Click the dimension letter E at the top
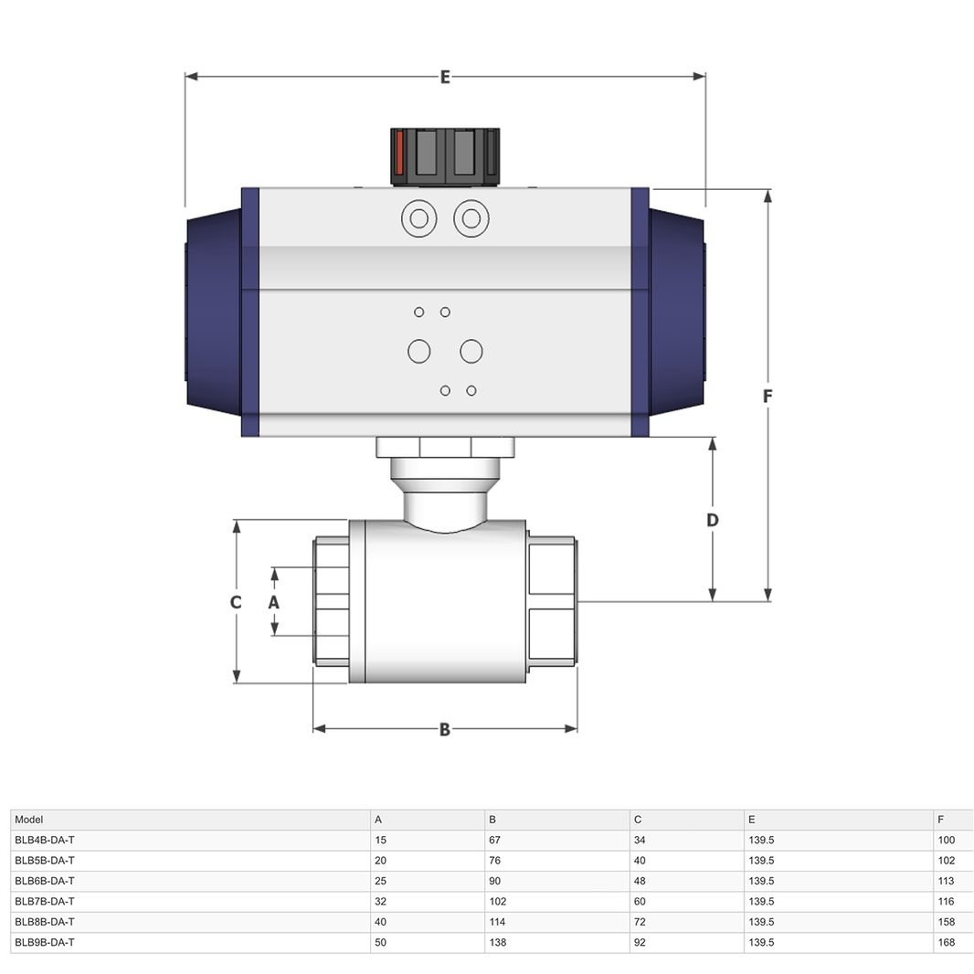coord(445,77)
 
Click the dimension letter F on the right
coord(768,396)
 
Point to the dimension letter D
coord(713,520)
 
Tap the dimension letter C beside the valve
coord(236,602)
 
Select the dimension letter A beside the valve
coord(273,602)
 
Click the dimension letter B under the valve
coord(445,729)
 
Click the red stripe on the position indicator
coord(399,153)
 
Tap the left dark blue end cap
coord(215,312)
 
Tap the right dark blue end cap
coord(677,312)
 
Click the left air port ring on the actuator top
coord(419,218)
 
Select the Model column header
coord(28,820)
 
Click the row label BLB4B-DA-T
coord(45,841)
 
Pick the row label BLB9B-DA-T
coord(45,942)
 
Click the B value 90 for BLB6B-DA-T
coord(495,882)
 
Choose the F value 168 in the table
coord(946,942)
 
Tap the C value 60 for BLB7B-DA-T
coord(640,901)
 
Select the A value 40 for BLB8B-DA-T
coord(381,922)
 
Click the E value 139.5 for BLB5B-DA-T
coord(761,861)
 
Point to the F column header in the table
coord(940,820)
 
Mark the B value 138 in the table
coord(498,942)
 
